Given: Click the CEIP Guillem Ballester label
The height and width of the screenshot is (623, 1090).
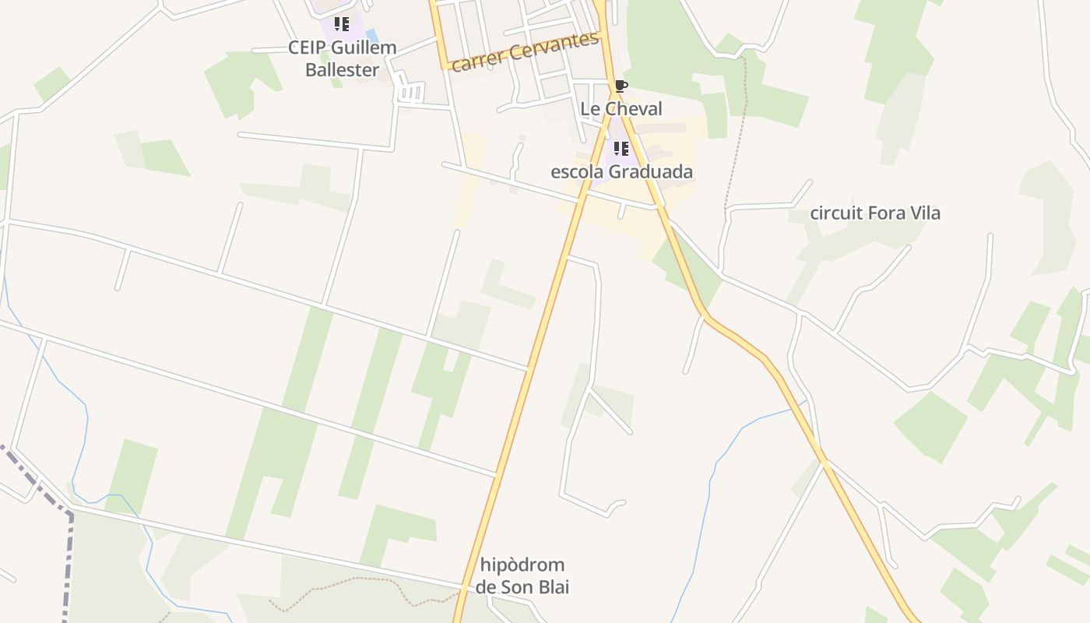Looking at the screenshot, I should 343,58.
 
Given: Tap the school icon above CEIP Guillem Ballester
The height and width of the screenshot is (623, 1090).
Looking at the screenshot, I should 341,24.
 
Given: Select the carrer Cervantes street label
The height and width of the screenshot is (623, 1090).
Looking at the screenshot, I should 525,51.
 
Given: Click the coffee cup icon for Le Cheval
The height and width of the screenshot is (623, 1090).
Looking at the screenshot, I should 621,86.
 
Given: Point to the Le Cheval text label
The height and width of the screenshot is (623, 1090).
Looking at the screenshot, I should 621,108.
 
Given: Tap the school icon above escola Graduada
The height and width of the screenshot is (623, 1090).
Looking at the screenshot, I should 621,148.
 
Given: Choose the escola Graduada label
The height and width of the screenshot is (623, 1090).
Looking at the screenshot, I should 621,171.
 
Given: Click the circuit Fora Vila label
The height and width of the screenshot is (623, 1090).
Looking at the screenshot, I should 875,213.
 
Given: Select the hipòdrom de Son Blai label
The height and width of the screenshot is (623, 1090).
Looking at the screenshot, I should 522,575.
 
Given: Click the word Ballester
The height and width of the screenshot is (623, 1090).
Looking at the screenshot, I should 343,69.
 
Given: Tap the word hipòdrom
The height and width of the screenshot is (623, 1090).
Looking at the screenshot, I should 522,565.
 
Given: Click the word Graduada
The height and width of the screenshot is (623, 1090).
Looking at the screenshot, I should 652,171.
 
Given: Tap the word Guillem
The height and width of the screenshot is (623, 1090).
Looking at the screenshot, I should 364,48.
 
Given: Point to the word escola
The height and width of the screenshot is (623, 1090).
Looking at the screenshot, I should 577,171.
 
